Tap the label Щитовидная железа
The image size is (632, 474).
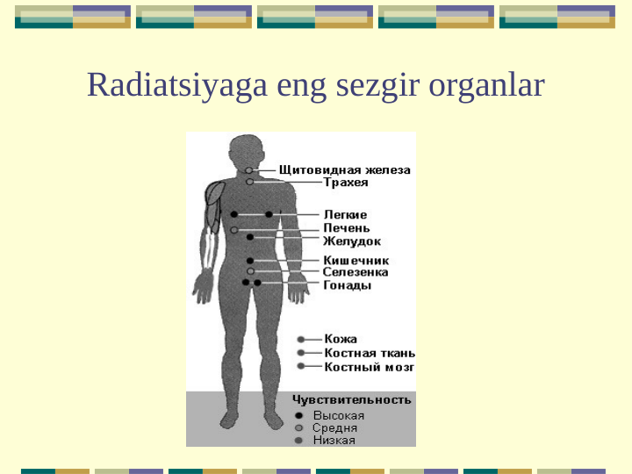(x=345, y=169)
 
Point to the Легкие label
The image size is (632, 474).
(x=345, y=214)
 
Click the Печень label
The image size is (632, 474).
(x=346, y=228)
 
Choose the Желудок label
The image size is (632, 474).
(x=351, y=241)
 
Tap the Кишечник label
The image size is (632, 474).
(x=355, y=261)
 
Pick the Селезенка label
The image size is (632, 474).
(x=355, y=273)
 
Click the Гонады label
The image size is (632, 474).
(x=347, y=285)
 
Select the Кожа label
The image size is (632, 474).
(x=341, y=339)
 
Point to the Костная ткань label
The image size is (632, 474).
(x=370, y=353)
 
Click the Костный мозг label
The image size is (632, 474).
(x=370, y=367)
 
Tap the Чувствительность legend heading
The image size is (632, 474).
(x=351, y=399)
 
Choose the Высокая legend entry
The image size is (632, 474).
(x=338, y=415)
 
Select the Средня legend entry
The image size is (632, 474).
(x=334, y=427)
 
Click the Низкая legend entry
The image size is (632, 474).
(x=334, y=440)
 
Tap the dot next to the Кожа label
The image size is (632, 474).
(x=301, y=339)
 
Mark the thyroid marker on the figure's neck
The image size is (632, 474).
(x=249, y=169)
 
